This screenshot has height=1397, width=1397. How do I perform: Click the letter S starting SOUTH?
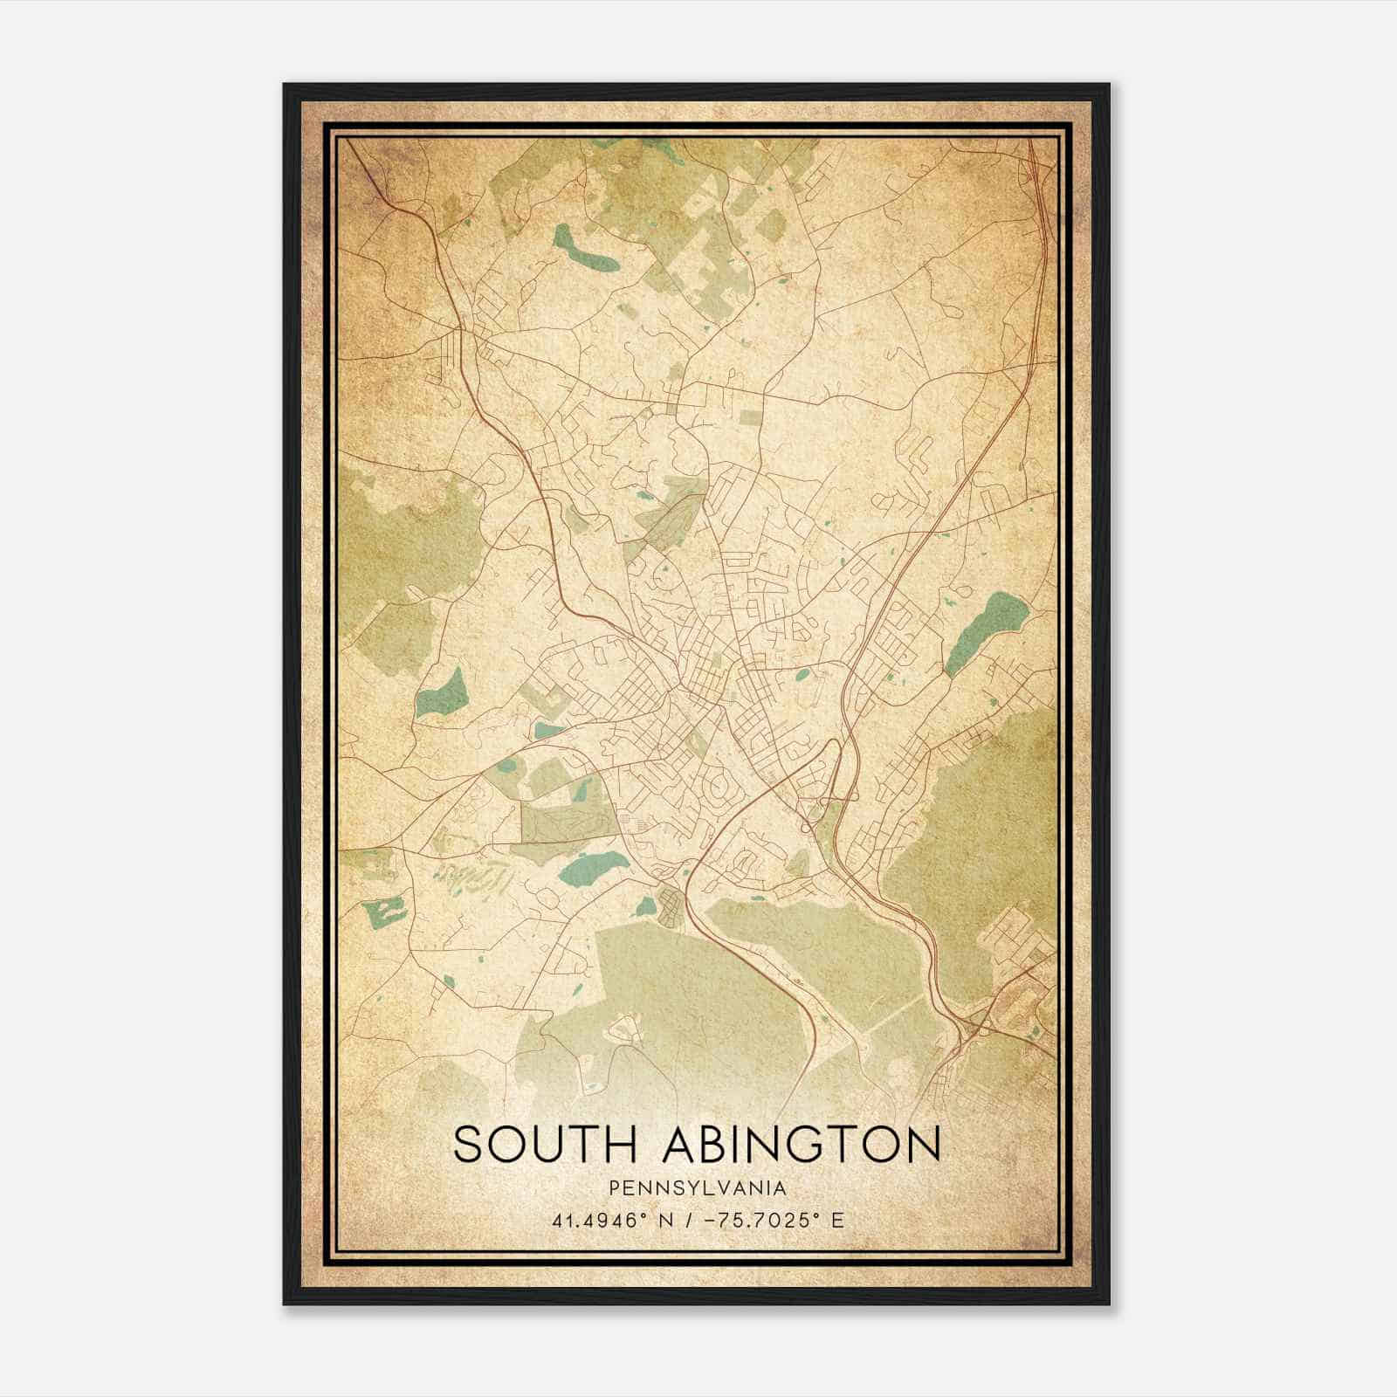click(x=467, y=1144)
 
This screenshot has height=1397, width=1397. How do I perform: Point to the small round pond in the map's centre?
click(x=802, y=674)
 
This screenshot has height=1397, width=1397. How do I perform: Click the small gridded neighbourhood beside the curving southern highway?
click(x=672, y=909)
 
